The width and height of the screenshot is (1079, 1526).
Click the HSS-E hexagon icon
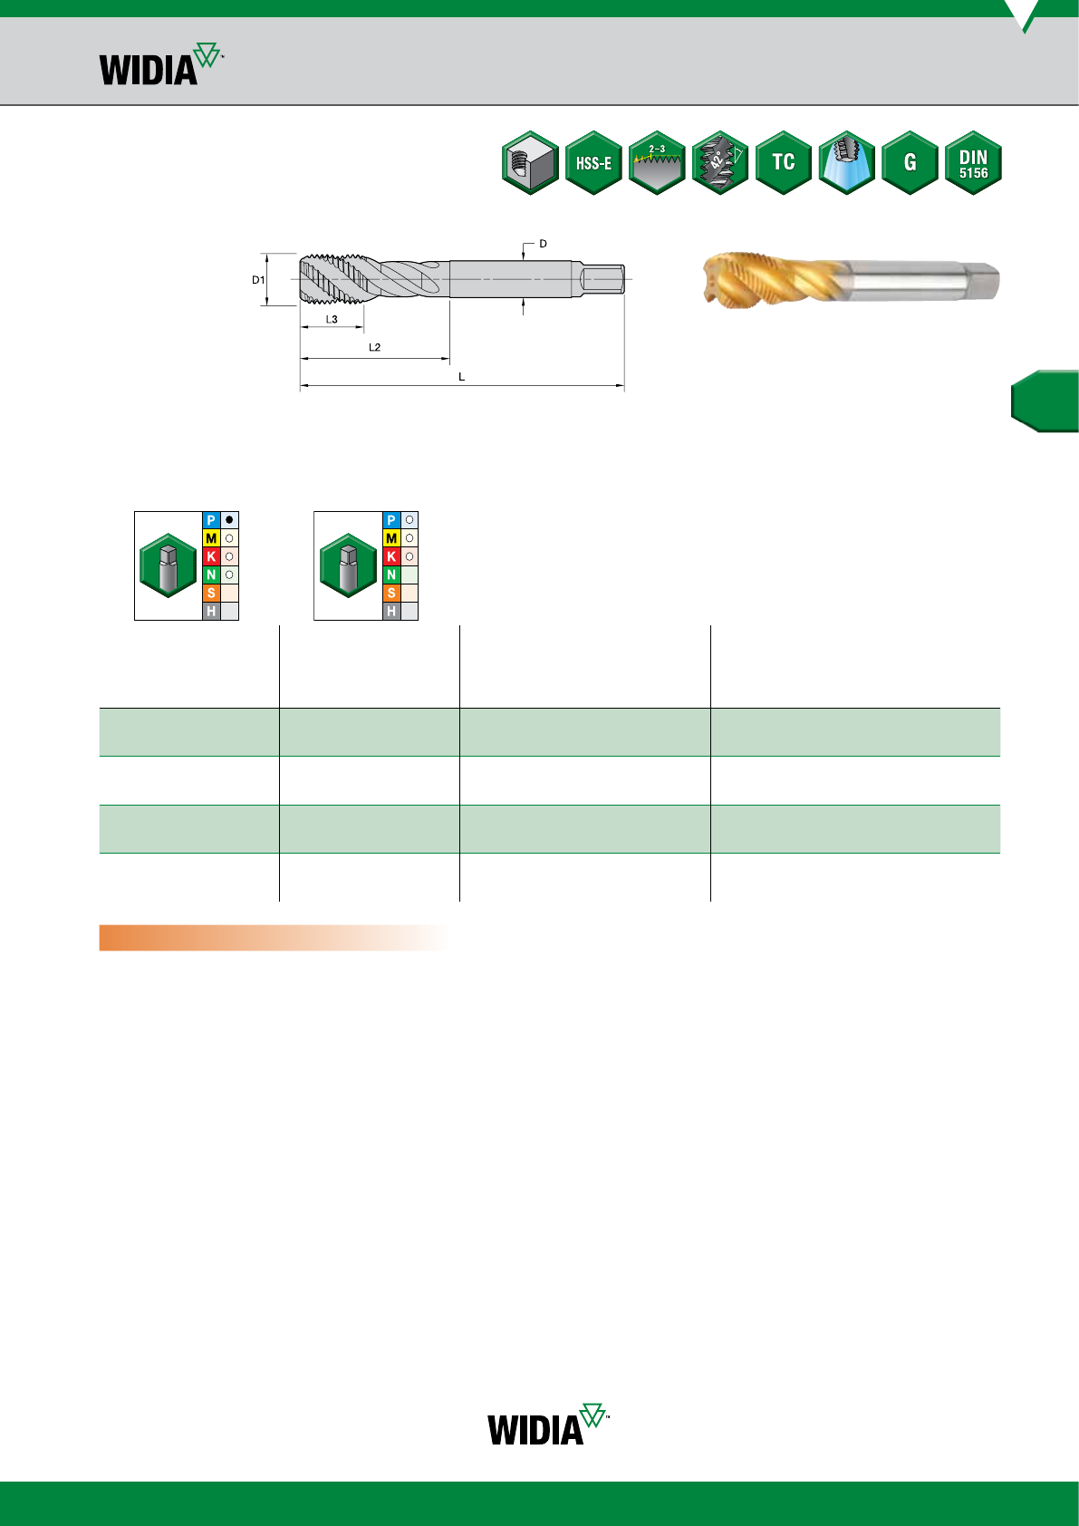[x=593, y=163]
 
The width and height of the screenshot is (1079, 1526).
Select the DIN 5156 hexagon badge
[x=973, y=163]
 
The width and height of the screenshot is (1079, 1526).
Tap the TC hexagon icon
[x=784, y=163]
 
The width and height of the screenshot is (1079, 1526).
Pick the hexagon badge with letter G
[x=910, y=163]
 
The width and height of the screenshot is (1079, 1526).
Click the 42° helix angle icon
[x=720, y=163]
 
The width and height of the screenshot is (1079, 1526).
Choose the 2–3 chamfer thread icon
[x=657, y=163]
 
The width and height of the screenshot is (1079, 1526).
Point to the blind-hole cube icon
[x=530, y=163]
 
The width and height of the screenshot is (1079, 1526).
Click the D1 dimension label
[x=258, y=280]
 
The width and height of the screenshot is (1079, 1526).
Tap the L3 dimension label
[x=332, y=319]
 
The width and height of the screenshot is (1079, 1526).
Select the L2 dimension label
[x=375, y=347]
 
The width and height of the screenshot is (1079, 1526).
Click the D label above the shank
[x=543, y=244]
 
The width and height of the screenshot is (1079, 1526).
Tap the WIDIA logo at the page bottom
[x=548, y=1425]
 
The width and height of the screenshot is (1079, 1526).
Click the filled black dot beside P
[x=229, y=520]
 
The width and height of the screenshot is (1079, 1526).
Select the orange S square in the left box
[x=211, y=594]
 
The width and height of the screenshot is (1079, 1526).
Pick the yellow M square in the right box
[x=391, y=538]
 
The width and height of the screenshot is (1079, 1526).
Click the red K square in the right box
[x=391, y=556]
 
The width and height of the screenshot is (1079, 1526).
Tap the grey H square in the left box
[x=211, y=611]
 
